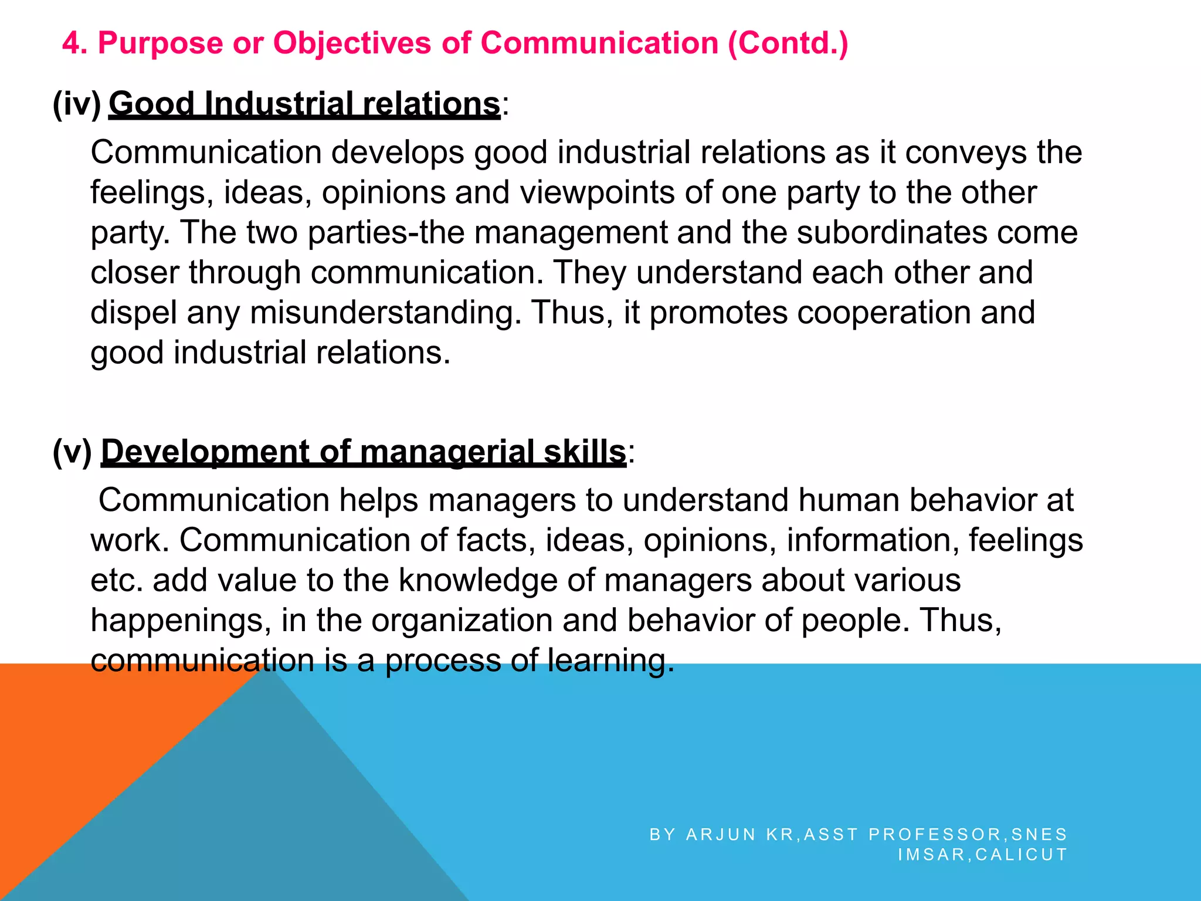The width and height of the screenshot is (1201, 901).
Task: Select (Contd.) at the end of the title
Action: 788,44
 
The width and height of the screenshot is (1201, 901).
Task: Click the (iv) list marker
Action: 76,104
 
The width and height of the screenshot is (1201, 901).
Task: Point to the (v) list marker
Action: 72,452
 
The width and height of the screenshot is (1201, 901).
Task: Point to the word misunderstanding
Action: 385,313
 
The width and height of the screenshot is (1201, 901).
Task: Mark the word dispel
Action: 133,313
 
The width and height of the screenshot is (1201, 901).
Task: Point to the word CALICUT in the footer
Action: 1022,855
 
